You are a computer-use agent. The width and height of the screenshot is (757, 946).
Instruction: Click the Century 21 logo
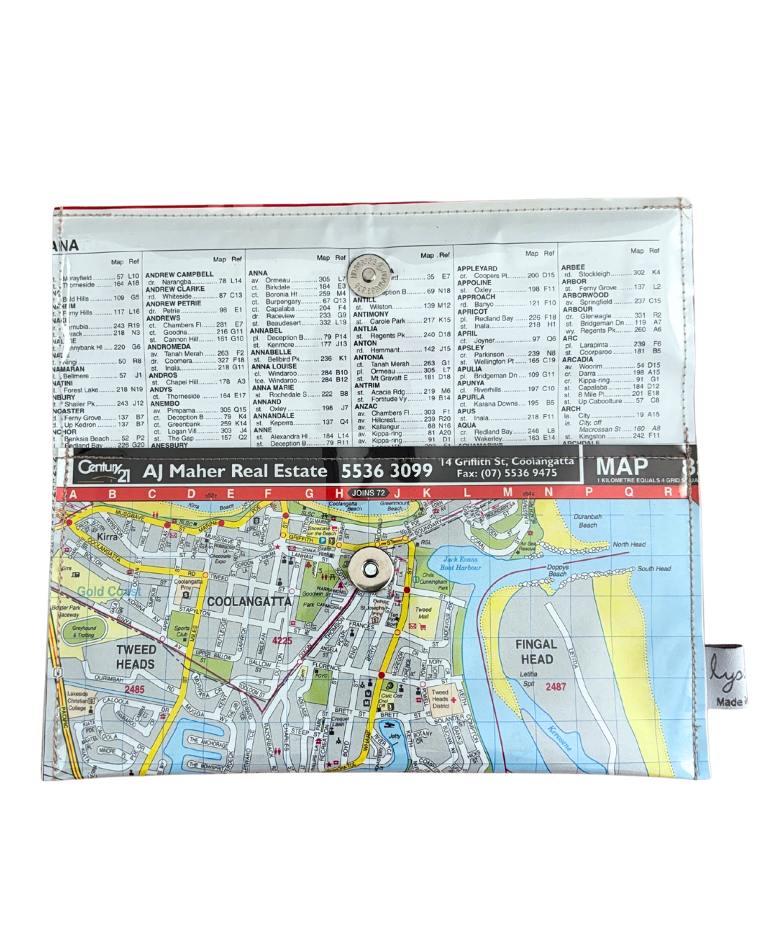click(104, 470)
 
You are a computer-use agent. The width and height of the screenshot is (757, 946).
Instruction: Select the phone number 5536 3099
click(386, 470)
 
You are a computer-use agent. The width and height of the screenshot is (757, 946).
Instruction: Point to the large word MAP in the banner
click(622, 467)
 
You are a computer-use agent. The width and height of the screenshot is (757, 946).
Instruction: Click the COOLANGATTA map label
click(249, 601)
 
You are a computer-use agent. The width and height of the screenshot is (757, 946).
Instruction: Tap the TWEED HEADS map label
click(135, 657)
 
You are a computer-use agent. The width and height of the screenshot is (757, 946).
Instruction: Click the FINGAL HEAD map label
click(536, 651)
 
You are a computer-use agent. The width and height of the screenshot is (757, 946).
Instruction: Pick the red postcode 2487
click(555, 687)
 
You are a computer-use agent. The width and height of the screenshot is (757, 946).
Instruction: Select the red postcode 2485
click(134, 690)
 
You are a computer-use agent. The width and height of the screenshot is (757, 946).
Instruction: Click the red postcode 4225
click(282, 640)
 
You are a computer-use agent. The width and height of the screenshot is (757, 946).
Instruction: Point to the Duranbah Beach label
click(587, 521)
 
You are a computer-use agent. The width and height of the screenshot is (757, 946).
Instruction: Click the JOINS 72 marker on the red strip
click(368, 493)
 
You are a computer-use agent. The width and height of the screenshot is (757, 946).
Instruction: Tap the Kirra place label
click(107, 537)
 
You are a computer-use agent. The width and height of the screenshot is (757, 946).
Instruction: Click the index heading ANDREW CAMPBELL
click(179, 275)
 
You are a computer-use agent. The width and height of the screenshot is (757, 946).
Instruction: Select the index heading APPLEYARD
click(477, 268)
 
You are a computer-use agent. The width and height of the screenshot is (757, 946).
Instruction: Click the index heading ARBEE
click(573, 267)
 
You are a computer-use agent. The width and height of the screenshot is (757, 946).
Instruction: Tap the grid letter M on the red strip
click(507, 493)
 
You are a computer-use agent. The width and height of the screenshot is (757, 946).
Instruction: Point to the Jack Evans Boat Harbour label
click(461, 563)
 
